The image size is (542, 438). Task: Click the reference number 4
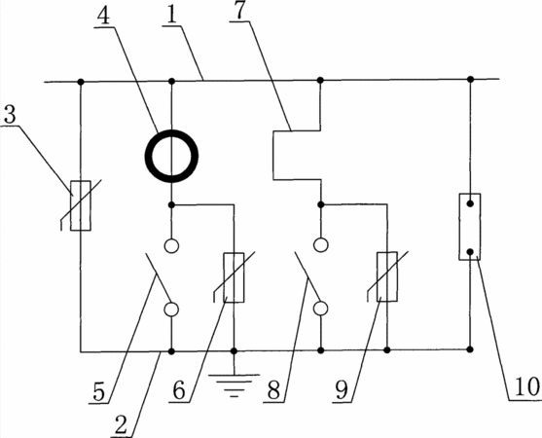(103, 16)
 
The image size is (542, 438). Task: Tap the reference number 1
(170, 14)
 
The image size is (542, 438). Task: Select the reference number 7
(238, 10)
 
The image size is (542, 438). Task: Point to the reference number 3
(10, 114)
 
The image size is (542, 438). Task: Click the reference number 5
(98, 391)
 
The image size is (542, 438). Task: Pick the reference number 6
(179, 390)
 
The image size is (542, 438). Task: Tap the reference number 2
(121, 424)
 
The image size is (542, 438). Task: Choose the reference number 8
(273, 390)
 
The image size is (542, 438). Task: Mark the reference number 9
(342, 391)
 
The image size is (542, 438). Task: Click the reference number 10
(526, 386)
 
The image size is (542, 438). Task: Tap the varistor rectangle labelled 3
(72, 205)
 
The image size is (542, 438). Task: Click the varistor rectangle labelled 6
(225, 277)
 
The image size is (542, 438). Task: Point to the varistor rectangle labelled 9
(379, 276)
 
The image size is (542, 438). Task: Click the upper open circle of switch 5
(172, 239)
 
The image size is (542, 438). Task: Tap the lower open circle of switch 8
(321, 302)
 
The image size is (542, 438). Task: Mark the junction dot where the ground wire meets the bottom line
(234, 351)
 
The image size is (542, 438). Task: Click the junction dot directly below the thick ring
(171, 205)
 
